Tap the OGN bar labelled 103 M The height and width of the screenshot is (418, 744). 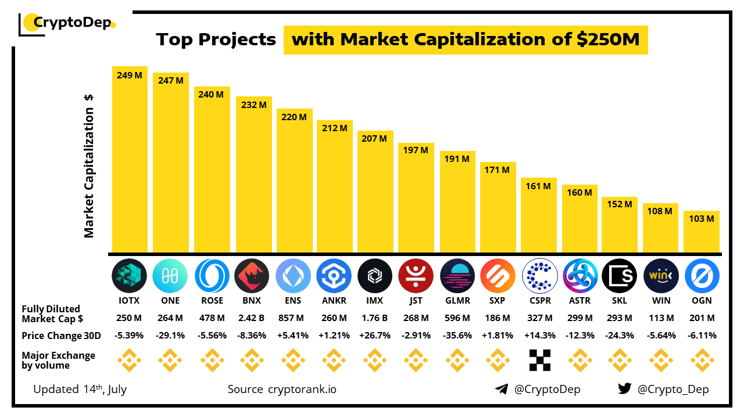[702, 232]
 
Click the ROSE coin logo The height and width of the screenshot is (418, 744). [212, 275]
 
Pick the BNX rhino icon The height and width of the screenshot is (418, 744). [252, 275]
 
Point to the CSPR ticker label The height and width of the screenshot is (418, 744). [540, 301]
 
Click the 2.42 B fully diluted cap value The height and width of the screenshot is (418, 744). [252, 318]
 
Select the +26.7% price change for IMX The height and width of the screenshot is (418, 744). [374, 336]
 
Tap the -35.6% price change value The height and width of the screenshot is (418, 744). [457, 336]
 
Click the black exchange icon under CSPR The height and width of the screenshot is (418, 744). [540, 361]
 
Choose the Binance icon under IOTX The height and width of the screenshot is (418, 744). [129, 361]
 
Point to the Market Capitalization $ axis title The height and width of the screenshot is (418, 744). [89, 166]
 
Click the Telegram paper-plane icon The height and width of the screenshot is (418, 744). [502, 389]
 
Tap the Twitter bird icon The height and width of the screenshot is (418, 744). [625, 389]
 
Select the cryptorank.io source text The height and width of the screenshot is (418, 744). [302, 389]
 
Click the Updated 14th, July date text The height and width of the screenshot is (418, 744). [80, 389]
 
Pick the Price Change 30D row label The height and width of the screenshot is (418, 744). [61, 336]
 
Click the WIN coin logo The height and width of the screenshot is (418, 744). [661, 275]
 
